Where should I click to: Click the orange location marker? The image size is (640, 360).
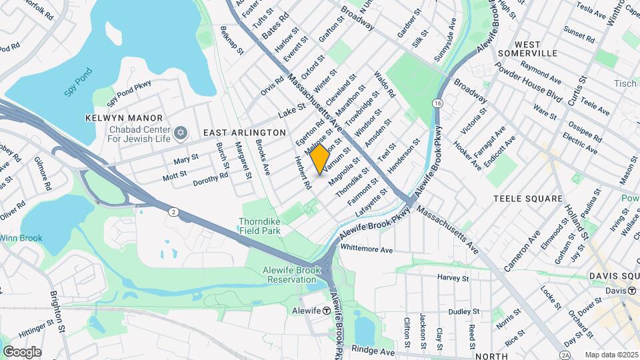pos(320,159)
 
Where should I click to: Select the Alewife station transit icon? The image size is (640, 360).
pos(327,311)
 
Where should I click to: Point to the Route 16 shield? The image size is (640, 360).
pos(437,103)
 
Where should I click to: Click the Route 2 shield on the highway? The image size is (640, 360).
pos(173,212)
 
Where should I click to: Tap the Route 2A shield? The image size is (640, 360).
pos(565,354)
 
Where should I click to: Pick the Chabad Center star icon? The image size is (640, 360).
pos(178,134)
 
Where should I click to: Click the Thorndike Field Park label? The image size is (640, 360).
pos(260,226)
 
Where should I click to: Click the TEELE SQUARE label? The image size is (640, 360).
pos(528,199)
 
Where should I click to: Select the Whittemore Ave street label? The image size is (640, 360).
pos(367,249)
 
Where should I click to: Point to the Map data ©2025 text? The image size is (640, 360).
pos(611,355)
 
